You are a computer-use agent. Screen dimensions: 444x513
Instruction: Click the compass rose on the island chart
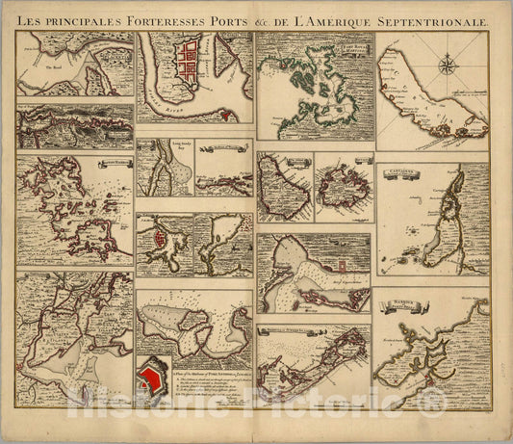coord(448,66)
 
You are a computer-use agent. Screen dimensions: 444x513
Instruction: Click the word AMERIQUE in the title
coord(344,17)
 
